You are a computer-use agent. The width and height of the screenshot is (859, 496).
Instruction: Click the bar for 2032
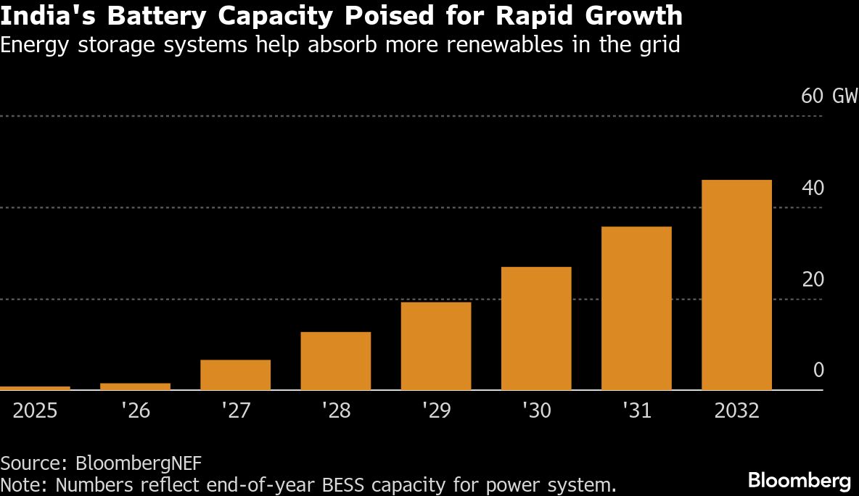click(x=736, y=285)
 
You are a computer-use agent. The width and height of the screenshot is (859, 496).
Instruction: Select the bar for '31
click(x=636, y=308)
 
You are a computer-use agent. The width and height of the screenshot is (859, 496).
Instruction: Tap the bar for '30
click(x=536, y=328)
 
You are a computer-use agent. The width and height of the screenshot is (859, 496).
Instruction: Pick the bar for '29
click(x=436, y=346)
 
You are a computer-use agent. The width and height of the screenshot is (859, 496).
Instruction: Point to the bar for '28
click(x=336, y=361)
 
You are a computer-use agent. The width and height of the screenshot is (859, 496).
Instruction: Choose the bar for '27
click(x=236, y=375)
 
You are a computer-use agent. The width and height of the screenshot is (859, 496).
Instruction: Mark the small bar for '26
click(x=135, y=387)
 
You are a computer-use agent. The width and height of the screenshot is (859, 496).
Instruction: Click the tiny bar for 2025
click(x=35, y=388)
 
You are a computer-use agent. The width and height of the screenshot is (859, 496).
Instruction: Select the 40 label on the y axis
click(x=813, y=189)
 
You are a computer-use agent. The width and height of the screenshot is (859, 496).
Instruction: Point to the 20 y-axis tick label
click(x=813, y=280)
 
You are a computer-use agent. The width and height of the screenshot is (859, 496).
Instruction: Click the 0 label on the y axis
click(x=818, y=371)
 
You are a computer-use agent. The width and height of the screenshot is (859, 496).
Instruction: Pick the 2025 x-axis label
click(x=35, y=411)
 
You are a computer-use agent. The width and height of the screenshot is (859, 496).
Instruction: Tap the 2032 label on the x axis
click(x=736, y=411)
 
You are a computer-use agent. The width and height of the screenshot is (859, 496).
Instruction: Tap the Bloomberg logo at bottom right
click(x=799, y=479)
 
